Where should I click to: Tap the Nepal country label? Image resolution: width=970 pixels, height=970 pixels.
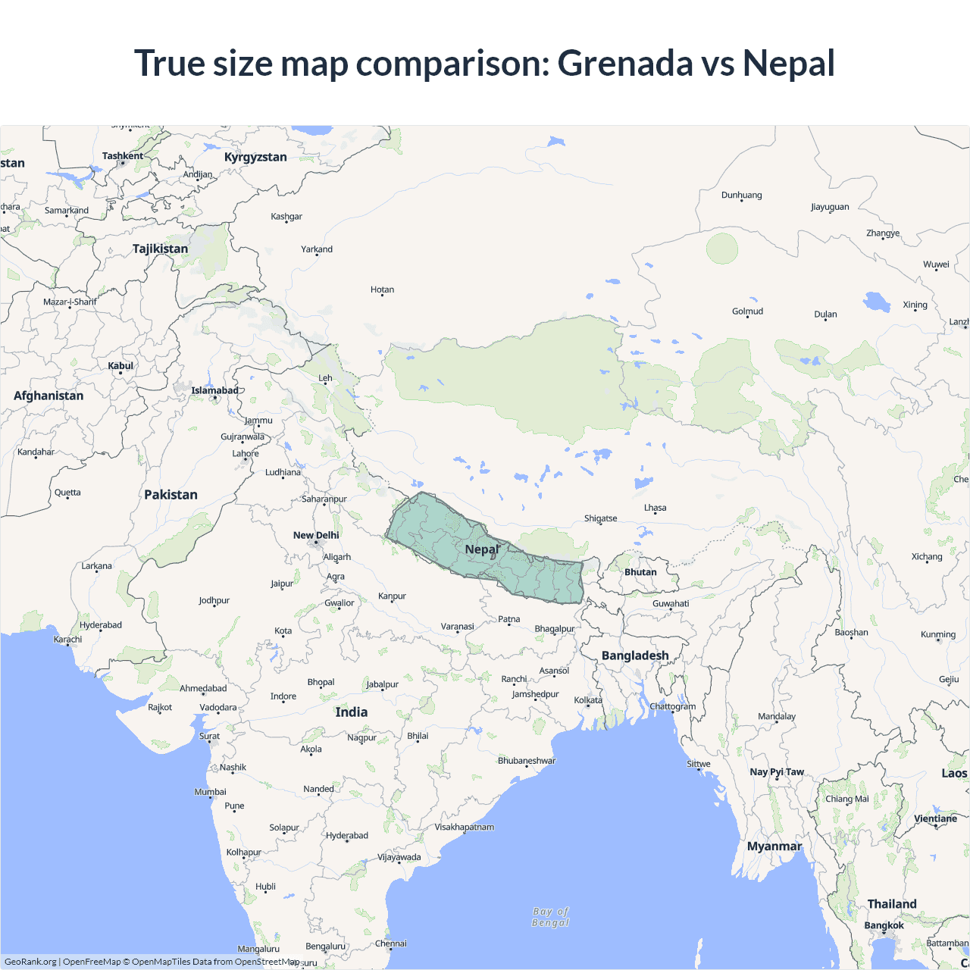[482, 549]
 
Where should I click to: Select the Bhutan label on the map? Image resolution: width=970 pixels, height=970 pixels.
[640, 572]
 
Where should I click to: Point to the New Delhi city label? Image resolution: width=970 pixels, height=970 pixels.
[316, 535]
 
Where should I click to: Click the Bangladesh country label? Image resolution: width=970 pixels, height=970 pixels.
[635, 656]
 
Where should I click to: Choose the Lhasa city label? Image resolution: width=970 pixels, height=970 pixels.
[656, 508]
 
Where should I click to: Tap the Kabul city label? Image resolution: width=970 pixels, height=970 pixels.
[120, 366]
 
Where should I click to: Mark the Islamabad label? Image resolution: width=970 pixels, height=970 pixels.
[214, 391]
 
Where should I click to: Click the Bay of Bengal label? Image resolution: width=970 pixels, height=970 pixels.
[551, 917]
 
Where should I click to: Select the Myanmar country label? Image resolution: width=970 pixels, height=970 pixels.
[774, 846]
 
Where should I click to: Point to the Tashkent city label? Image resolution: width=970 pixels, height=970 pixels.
[123, 156]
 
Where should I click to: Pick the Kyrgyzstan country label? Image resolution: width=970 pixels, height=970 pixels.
[255, 157]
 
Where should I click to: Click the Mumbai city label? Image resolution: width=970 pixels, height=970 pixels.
[210, 792]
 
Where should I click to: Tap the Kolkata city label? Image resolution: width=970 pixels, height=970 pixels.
[588, 700]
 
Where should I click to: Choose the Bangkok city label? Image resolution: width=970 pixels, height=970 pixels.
[884, 925]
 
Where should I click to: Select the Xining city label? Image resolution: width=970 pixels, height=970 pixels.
[915, 305]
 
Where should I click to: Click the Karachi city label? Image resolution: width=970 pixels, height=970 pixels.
[67, 640]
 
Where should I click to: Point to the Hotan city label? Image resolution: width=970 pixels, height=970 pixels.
[382, 289]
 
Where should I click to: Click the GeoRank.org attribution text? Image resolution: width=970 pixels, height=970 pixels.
[30, 962]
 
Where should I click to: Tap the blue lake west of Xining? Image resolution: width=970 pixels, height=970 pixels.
[878, 302]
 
